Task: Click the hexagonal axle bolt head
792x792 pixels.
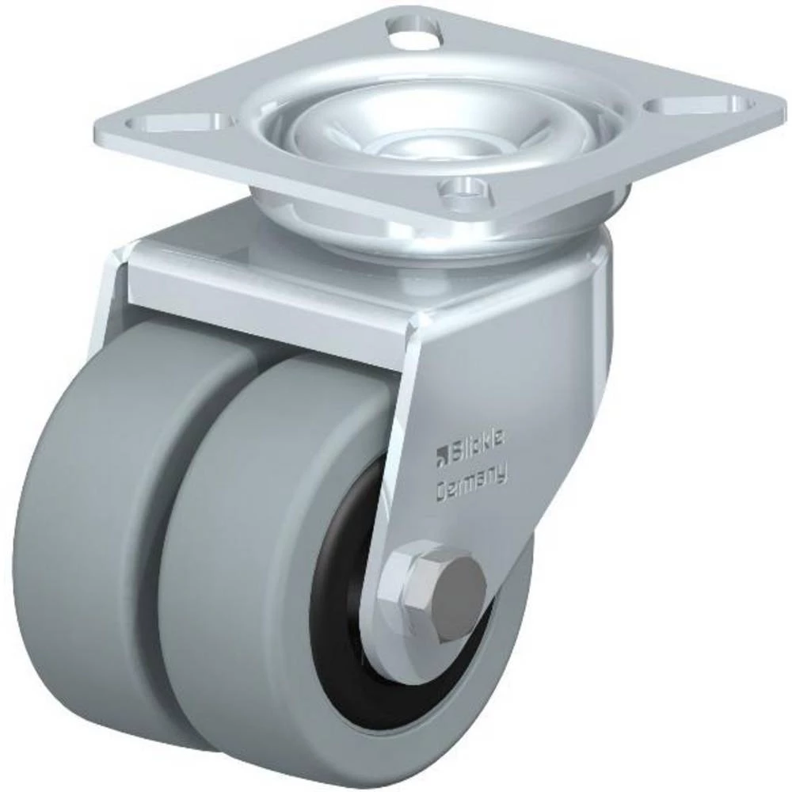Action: pos(433,588)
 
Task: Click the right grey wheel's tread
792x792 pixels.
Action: pos(238,570)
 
